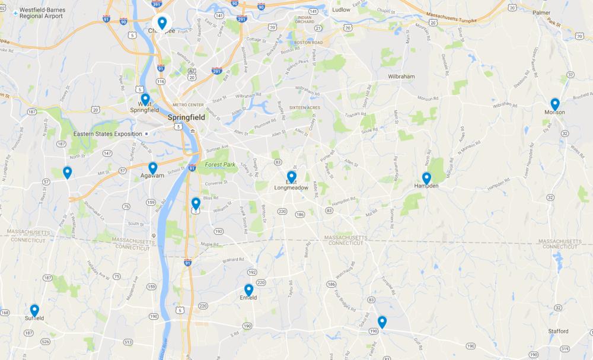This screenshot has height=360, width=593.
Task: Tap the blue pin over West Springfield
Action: point(145,99)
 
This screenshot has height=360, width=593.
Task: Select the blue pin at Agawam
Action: point(153,168)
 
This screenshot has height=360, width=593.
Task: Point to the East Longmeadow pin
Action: point(291,177)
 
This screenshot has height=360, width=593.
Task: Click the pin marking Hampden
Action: point(426,178)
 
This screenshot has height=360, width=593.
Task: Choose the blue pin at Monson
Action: point(555,104)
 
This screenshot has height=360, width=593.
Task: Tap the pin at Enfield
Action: point(248,290)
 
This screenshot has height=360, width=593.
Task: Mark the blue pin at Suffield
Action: point(34,310)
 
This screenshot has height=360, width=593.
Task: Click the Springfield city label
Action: point(186,117)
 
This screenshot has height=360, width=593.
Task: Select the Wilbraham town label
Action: point(401,77)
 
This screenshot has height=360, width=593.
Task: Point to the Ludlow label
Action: point(342,10)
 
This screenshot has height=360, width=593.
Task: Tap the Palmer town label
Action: point(541,12)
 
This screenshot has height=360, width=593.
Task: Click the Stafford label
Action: point(558,332)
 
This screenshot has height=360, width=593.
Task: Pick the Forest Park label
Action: point(217,164)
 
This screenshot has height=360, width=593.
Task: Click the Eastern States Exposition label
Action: point(107,133)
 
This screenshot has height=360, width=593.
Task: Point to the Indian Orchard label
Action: point(304,21)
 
